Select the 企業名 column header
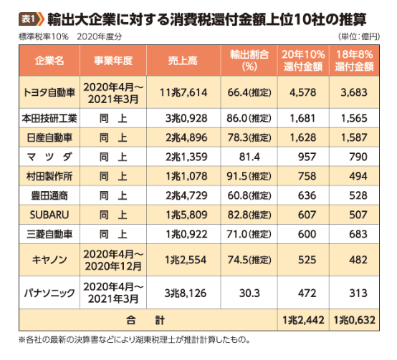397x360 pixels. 49,61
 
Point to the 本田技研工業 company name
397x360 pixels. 49,116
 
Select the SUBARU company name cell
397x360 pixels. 49,213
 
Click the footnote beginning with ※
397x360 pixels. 135,340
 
